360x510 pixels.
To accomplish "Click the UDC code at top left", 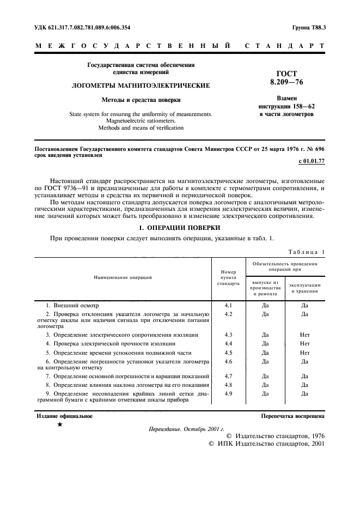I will click(x=83, y=27).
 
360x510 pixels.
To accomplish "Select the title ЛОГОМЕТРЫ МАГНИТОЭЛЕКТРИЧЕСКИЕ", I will click(x=141, y=86).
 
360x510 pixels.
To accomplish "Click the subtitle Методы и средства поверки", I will click(x=141, y=100).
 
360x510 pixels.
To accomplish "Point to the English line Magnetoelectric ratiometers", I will click(x=141, y=121).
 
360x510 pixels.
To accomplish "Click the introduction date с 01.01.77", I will click(x=312, y=162).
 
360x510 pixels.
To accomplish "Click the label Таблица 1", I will click(x=305, y=252).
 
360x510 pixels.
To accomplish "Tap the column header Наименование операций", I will click(x=123, y=277).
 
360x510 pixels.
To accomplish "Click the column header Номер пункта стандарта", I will click(x=229, y=277).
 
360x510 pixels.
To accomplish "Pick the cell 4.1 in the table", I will click(x=229, y=306).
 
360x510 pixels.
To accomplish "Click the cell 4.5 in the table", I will click(x=229, y=353).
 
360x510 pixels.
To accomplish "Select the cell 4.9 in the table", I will click(x=229, y=393).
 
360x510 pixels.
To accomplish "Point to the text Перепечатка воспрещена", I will click(x=293, y=416).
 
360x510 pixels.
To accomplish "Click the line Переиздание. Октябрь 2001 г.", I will click(x=182, y=429).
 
